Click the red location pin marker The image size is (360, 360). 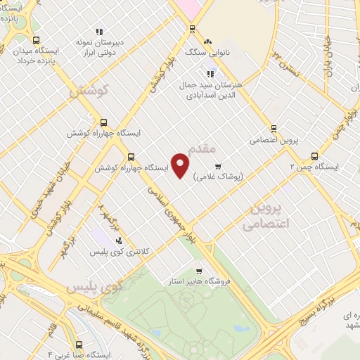(181, 165)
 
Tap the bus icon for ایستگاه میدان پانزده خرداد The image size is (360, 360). (37, 40)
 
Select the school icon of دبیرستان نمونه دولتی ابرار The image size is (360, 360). (99, 32)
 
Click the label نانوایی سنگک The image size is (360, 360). (202, 53)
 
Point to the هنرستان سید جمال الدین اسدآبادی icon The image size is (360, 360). (210, 73)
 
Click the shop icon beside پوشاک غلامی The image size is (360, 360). (219, 167)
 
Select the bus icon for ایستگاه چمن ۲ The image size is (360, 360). (314, 156)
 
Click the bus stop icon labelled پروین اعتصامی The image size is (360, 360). (274, 128)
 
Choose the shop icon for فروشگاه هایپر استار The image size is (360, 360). (199, 271)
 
